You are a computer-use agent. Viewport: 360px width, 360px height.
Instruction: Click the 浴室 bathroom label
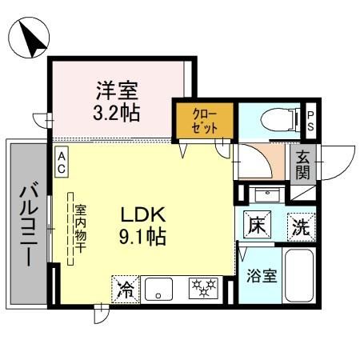point(261,276)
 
